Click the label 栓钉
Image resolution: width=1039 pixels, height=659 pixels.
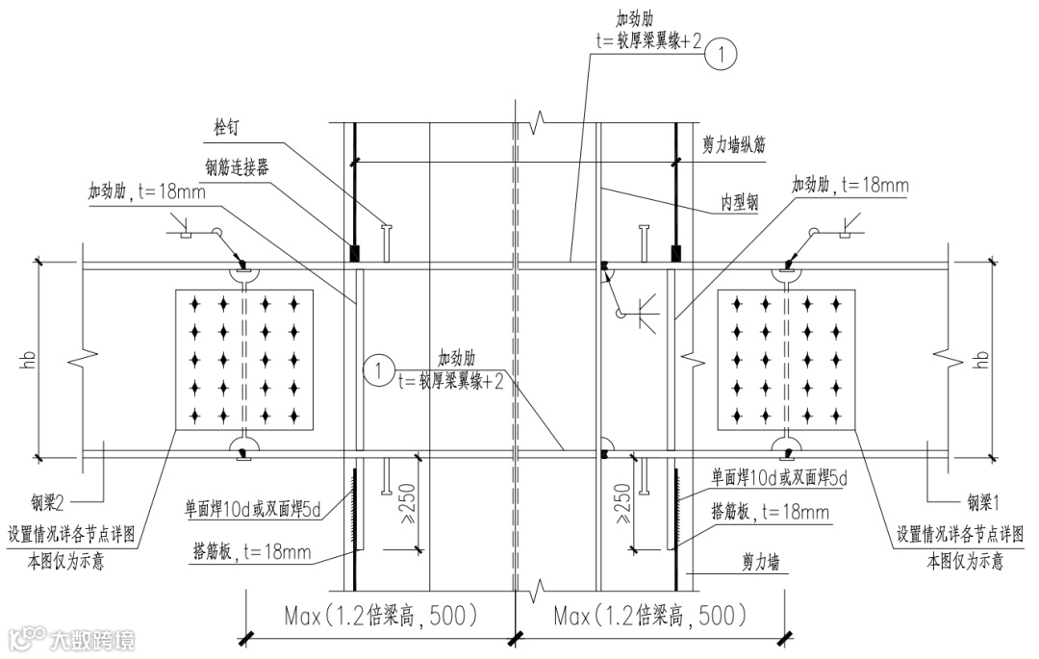tap(234, 126)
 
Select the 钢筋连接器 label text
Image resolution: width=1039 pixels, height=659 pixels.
tap(237, 165)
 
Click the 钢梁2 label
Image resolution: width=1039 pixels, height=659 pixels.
tap(49, 501)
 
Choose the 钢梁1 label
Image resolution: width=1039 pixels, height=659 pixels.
tap(983, 501)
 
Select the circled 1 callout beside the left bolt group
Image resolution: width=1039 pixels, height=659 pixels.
tap(380, 368)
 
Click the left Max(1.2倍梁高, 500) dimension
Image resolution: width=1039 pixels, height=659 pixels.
tap(382, 615)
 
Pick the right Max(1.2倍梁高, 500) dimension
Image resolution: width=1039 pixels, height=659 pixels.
tap(650, 615)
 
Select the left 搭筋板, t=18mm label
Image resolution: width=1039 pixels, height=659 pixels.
tap(251, 552)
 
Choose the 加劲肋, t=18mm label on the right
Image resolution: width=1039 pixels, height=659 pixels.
tap(850, 184)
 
